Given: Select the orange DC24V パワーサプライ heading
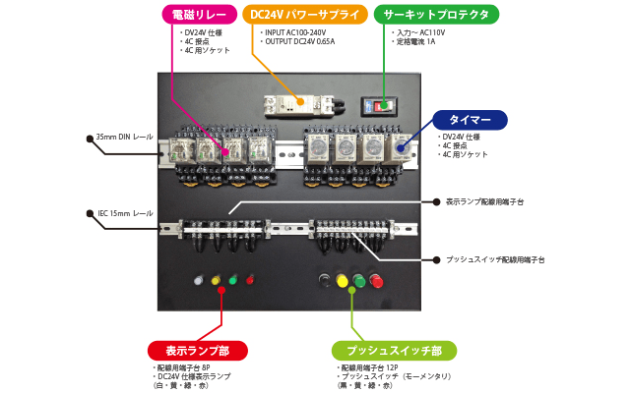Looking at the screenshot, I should tap(304, 15).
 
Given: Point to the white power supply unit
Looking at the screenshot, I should tap(303, 102).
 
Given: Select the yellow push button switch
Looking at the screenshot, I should tap(343, 282).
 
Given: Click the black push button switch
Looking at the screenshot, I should tap(325, 282).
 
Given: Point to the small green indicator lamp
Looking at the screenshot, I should tap(233, 280).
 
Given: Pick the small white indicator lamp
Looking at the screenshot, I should tap(199, 280).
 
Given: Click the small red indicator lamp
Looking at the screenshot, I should tap(250, 280).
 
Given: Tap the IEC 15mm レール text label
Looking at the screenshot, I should tap(124, 212).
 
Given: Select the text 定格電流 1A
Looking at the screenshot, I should tap(417, 42).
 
